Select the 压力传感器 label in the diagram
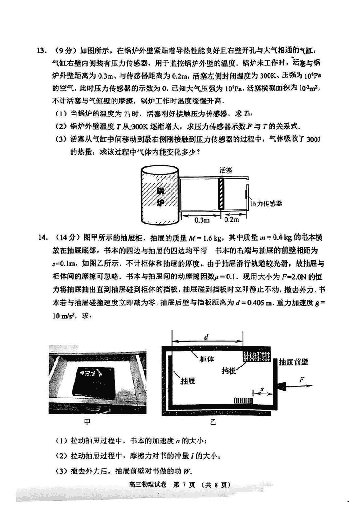click(266, 203)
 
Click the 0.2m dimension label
click(231, 220)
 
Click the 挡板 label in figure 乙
click(229, 371)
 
